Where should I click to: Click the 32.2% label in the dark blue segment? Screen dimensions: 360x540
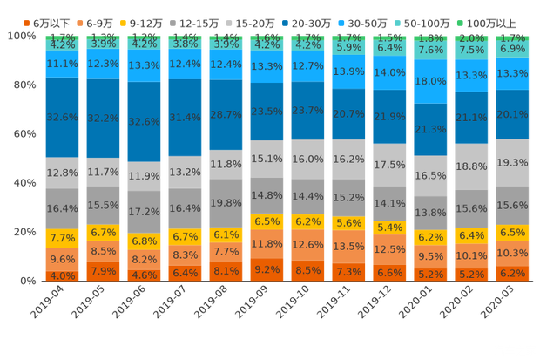pos(103,118)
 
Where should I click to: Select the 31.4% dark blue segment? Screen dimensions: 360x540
pos(186,118)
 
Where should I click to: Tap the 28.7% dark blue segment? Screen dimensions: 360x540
pos(226,115)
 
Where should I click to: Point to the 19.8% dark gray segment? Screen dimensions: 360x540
pos(226,203)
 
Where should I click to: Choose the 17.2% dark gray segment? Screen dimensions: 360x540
pos(144,212)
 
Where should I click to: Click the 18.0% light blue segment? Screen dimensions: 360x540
pos(431,81)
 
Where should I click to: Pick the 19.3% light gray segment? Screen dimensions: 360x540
pos(513,163)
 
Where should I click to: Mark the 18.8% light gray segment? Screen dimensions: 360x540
pos(472,166)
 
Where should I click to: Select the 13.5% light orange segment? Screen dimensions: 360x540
pos(349,247)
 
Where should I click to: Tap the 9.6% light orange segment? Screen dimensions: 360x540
pos(62,259)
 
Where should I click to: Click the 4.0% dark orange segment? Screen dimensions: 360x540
pos(62,275)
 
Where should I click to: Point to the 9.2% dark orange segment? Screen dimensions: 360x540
pos(267,270)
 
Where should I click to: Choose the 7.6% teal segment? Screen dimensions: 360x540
pos(431,51)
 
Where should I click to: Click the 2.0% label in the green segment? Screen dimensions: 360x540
pos(472,38)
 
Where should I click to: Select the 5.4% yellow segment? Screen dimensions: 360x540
pos(390,228)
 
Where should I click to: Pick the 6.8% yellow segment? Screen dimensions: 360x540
pos(144,241)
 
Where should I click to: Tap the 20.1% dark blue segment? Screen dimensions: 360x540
pos(513,114)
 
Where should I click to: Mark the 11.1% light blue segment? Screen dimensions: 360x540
pos(62,65)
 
